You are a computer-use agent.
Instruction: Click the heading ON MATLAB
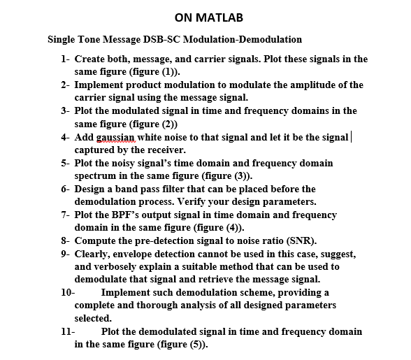pyautogui.click(x=206, y=17)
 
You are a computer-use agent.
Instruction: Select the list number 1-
pyautogui.click(x=65, y=59)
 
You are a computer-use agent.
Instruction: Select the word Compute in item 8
pyautogui.click(x=96, y=240)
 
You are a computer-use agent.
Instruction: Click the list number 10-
pyautogui.click(x=67, y=292)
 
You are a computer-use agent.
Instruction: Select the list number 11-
pyautogui.click(x=67, y=331)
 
